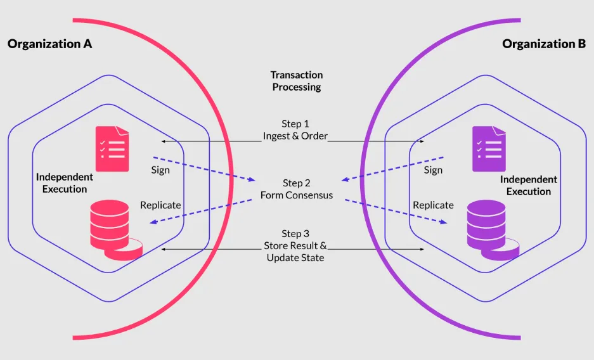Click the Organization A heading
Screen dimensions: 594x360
49,44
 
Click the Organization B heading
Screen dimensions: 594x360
544,44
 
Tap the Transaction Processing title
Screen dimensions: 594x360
297,80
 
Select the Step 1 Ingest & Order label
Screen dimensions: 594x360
295,130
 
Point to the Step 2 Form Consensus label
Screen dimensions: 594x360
297,189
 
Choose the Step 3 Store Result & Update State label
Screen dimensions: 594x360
295,246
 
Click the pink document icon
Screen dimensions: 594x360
112,149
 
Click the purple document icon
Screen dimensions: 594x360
489,149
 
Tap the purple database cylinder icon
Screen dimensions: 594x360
493,230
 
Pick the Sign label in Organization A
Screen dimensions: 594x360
160,170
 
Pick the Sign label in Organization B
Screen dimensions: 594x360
433,170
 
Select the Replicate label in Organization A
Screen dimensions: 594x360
160,205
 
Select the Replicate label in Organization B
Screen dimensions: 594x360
434,205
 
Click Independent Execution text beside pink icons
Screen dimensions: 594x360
65,183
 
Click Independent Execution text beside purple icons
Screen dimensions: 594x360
529,186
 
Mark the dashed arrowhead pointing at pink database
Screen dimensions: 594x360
153,222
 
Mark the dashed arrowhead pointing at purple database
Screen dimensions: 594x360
444,222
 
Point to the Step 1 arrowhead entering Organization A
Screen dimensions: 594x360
164,141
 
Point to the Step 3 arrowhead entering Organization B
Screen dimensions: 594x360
422,250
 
